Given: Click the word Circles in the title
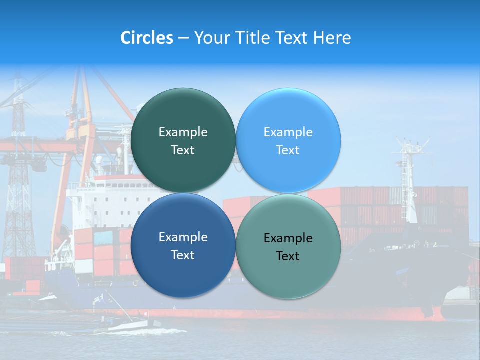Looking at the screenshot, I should (147, 38).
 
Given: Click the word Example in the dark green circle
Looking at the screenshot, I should (183, 132).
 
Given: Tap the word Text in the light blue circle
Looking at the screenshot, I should (288, 150).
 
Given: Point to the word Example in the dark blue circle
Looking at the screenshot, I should (183, 237).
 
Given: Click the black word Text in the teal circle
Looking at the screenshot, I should (288, 256).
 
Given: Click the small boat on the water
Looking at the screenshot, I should (125, 325).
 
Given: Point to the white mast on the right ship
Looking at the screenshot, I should (410, 180).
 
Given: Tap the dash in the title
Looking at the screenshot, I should (183, 38).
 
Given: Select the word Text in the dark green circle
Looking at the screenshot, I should (183, 150).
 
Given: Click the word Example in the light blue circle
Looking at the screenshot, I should (288, 132).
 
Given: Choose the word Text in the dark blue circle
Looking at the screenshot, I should (183, 255).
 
